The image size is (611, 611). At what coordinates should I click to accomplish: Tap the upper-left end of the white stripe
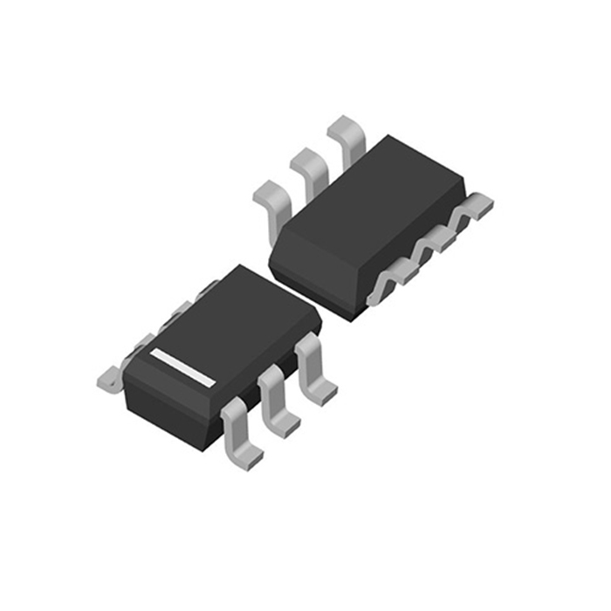pyautogui.click(x=154, y=354)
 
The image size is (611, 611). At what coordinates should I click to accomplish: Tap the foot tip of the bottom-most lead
pyautogui.click(x=249, y=457)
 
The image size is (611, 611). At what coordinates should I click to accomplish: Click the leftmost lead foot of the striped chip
pyautogui.click(x=108, y=377)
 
